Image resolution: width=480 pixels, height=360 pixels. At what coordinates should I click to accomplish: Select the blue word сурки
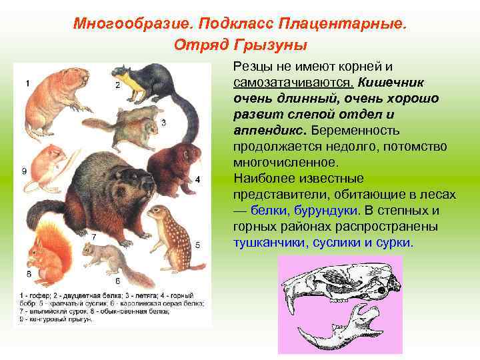point(392,243)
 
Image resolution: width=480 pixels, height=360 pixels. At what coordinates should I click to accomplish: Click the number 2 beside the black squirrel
point(118,85)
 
